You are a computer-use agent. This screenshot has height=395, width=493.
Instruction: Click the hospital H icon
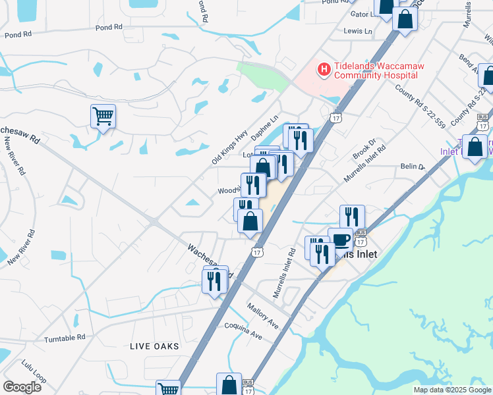point(324,68)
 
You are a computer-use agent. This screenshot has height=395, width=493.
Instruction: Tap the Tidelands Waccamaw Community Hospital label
point(376,71)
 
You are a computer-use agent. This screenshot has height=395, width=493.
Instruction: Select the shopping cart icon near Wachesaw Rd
point(103,117)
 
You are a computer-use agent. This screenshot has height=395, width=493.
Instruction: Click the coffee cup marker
point(340,240)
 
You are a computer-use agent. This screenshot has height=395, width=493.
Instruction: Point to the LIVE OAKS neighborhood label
point(154,346)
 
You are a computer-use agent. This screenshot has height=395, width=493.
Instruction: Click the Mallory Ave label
point(262,315)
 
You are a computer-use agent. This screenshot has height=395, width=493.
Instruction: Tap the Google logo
point(22,387)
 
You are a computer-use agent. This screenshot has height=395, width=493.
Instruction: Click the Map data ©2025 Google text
point(451,390)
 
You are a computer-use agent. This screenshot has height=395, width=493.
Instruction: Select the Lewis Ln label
point(358,31)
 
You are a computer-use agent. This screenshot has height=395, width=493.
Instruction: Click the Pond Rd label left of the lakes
point(109,28)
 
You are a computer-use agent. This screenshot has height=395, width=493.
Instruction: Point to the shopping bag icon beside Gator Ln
point(405,18)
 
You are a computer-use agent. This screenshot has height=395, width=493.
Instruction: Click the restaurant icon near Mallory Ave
point(215,281)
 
